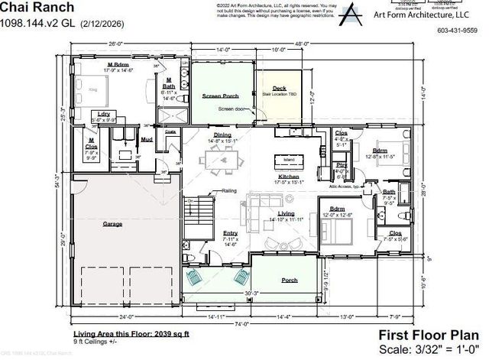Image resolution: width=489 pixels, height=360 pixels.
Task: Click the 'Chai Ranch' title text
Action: pyautogui.click(x=28, y=7)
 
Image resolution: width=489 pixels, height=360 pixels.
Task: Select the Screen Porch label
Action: pyautogui.click(x=222, y=96)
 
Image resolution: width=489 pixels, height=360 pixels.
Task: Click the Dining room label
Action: pyautogui.click(x=222, y=135)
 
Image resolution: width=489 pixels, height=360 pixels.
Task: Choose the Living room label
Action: pyautogui.click(x=286, y=213)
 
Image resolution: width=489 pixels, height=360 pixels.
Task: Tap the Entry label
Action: pyautogui.click(x=229, y=233)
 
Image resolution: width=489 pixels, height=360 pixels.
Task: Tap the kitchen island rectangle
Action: pyautogui.click(x=290, y=161)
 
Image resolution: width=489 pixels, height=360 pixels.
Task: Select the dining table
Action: pyautogui.click(x=222, y=161)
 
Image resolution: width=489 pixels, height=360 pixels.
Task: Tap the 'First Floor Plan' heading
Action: pyautogui.click(x=431, y=334)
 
